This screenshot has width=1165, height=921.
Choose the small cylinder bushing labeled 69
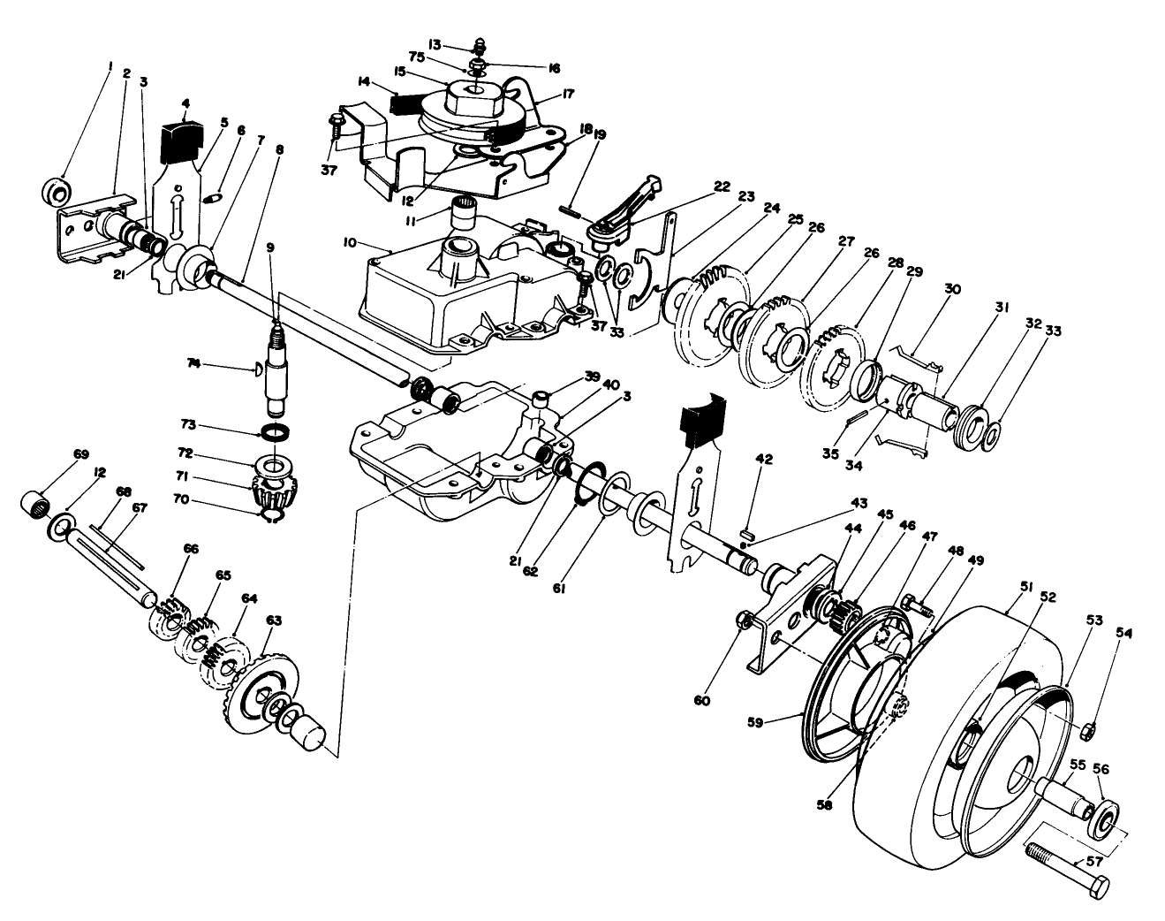(34, 507)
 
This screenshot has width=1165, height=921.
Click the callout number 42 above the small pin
(764, 459)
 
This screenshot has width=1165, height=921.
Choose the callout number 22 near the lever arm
(722, 186)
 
